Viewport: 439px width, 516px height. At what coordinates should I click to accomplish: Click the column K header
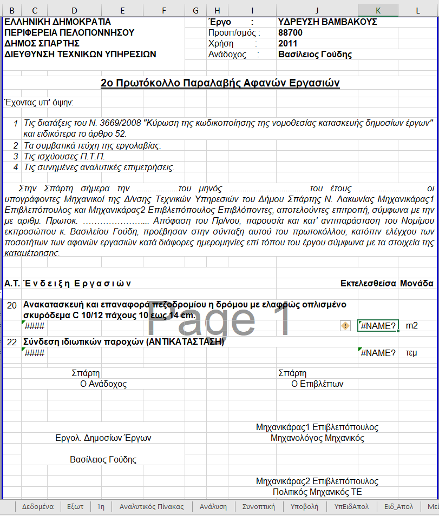point(378,10)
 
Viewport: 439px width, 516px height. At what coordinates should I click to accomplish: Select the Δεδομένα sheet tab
point(37,507)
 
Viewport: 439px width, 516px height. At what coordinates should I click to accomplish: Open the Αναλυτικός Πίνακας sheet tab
point(152,507)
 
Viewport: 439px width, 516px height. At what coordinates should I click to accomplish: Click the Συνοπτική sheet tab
point(259,507)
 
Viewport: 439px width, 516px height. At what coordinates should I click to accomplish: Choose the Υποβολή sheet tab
point(304,507)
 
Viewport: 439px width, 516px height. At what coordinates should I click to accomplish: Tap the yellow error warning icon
point(345,325)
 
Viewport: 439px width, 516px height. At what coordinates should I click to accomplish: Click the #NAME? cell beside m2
point(378,325)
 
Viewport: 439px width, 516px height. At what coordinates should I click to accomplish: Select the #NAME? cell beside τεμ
point(378,353)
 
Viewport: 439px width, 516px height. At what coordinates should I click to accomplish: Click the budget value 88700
point(290,33)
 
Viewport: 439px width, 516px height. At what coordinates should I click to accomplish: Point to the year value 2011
point(287,44)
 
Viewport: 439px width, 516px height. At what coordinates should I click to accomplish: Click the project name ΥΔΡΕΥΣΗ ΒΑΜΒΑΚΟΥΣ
point(327,22)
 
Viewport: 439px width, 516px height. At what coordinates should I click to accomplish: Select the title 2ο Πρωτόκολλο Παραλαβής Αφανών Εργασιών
point(220,83)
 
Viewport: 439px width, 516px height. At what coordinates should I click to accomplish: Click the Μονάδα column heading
point(416,283)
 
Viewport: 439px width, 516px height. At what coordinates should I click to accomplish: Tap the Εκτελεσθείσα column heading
point(368,283)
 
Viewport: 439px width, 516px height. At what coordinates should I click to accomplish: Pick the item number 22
point(11,342)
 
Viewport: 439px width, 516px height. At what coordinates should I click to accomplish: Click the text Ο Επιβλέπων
point(317,384)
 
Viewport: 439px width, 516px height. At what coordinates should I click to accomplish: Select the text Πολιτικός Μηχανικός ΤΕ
point(317,492)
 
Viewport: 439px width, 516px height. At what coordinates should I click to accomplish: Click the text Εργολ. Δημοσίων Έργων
point(103,438)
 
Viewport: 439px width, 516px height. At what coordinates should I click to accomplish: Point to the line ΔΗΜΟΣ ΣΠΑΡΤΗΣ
point(42,44)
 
